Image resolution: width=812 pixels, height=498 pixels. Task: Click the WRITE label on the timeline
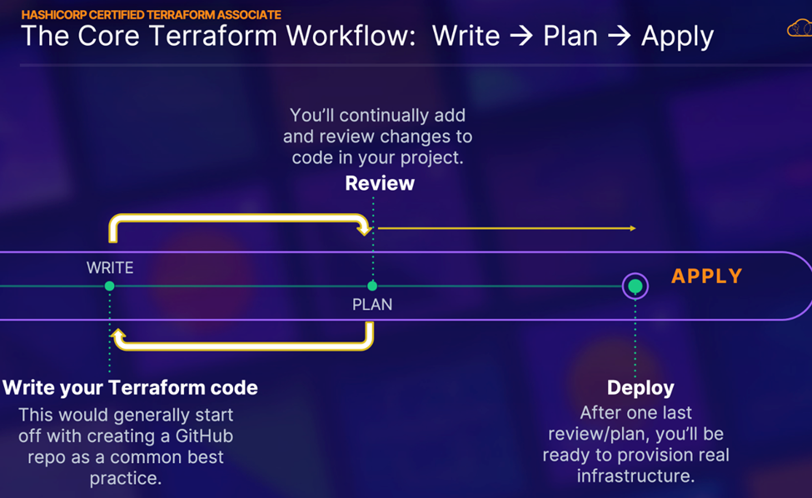point(110,267)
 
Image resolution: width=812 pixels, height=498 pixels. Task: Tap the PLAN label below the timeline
point(372,305)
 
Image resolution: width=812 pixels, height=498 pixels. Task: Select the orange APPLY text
point(707,276)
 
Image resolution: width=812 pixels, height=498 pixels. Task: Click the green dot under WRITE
point(110,286)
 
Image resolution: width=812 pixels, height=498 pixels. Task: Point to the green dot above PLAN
point(372,286)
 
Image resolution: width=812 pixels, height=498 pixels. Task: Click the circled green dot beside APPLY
point(635,286)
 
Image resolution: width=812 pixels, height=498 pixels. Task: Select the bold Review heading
point(380,183)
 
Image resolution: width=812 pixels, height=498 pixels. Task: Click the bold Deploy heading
point(640,387)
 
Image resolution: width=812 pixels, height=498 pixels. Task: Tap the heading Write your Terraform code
point(130,387)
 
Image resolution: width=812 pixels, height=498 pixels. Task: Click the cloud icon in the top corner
point(799,30)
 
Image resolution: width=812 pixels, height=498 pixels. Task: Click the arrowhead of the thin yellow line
point(633,228)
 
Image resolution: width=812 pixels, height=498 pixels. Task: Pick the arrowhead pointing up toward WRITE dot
point(118,336)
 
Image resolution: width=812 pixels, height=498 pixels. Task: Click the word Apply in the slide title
point(677,37)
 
